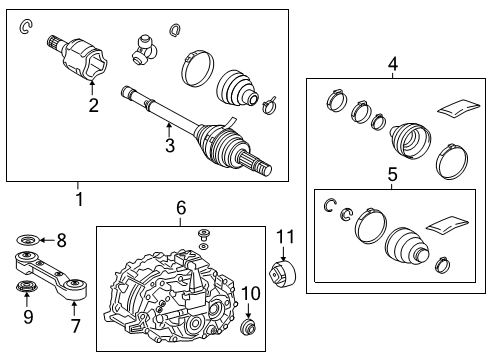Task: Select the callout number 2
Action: (92, 105)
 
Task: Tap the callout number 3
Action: (171, 146)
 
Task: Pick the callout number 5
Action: (392, 175)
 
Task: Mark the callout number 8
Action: (61, 240)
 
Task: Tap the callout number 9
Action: (27, 318)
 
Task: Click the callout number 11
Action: (286, 237)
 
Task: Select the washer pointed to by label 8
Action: (27, 240)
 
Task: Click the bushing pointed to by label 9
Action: (27, 290)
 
